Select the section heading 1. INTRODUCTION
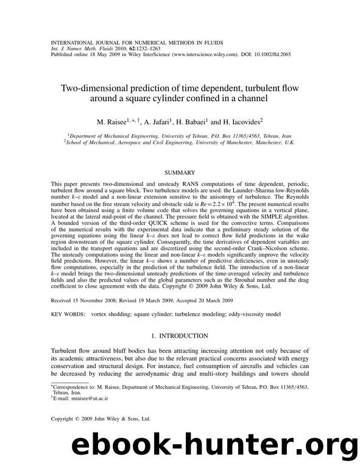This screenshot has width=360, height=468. pos(180,336)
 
